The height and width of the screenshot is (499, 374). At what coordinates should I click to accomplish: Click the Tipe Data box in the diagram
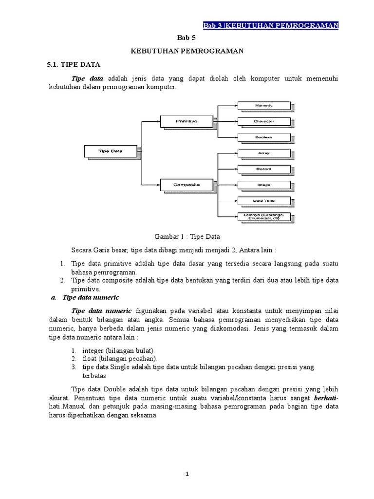point(111,151)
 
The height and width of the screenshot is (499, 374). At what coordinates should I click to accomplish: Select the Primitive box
point(186,120)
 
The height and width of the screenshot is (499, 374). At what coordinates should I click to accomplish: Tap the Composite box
point(186,185)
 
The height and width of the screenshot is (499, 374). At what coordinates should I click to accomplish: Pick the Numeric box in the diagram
point(263,105)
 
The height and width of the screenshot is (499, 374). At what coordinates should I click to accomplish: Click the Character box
point(263,121)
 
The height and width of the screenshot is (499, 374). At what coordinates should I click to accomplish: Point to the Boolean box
point(263,137)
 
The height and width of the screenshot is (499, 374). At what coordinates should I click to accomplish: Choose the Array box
point(263,153)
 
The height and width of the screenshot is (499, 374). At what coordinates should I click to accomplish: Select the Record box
point(263,169)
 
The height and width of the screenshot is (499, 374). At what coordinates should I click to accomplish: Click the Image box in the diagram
point(263,185)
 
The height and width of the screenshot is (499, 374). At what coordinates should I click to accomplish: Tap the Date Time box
point(263,200)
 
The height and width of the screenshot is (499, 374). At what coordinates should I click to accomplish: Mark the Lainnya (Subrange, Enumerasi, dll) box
point(264,216)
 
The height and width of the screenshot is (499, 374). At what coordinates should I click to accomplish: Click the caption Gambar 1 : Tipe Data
point(187,236)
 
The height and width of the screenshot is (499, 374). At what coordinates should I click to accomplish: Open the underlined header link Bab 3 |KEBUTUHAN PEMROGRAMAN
point(271,25)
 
